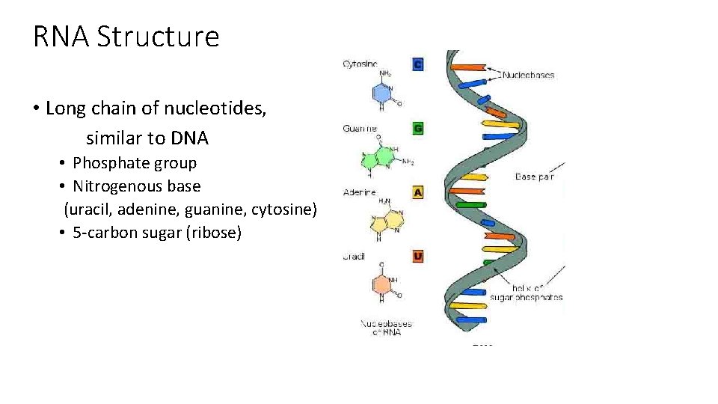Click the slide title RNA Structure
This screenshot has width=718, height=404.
click(x=126, y=36)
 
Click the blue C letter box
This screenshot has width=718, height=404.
click(x=418, y=64)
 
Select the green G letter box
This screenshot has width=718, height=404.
click(x=418, y=129)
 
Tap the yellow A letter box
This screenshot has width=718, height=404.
click(x=418, y=192)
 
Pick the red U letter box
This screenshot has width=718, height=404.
click(x=418, y=257)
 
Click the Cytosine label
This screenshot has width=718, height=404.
click(x=360, y=64)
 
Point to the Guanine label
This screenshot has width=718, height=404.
click(x=360, y=129)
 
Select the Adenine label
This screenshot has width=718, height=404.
click(x=359, y=192)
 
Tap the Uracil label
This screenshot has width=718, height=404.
click(x=354, y=257)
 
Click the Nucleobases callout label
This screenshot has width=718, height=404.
click(x=528, y=75)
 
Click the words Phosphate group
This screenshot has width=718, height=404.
click(x=135, y=163)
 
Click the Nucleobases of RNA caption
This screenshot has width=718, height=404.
click(x=387, y=328)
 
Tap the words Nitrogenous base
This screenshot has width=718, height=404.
click(x=137, y=186)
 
